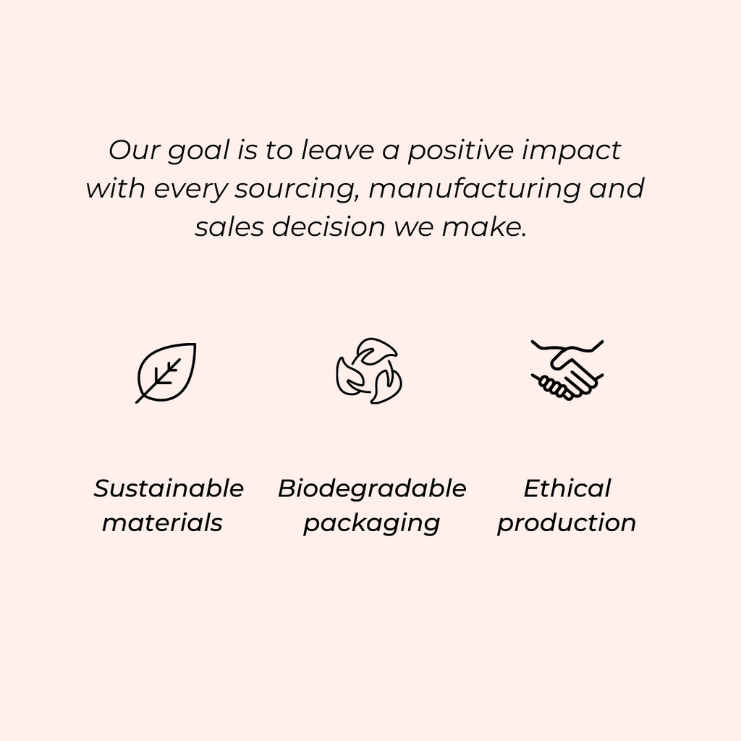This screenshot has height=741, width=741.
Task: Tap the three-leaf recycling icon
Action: (369, 370)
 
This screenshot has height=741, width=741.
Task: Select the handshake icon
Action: (567, 370)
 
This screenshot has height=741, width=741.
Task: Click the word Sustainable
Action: (169, 488)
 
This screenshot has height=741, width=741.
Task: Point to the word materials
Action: (162, 522)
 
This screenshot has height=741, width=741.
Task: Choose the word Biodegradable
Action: (372, 488)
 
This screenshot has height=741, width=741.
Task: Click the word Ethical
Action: (567, 488)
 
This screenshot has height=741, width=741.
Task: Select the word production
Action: (567, 524)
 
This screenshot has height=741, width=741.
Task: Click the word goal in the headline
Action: (198, 151)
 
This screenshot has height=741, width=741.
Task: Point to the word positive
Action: (461, 151)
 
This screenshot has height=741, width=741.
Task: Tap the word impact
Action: (572, 151)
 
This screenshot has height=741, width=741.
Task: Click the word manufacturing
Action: (474, 189)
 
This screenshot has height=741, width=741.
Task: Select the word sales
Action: (229, 226)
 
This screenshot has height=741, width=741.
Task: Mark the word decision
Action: (329, 226)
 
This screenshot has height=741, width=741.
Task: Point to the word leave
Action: (337, 151)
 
